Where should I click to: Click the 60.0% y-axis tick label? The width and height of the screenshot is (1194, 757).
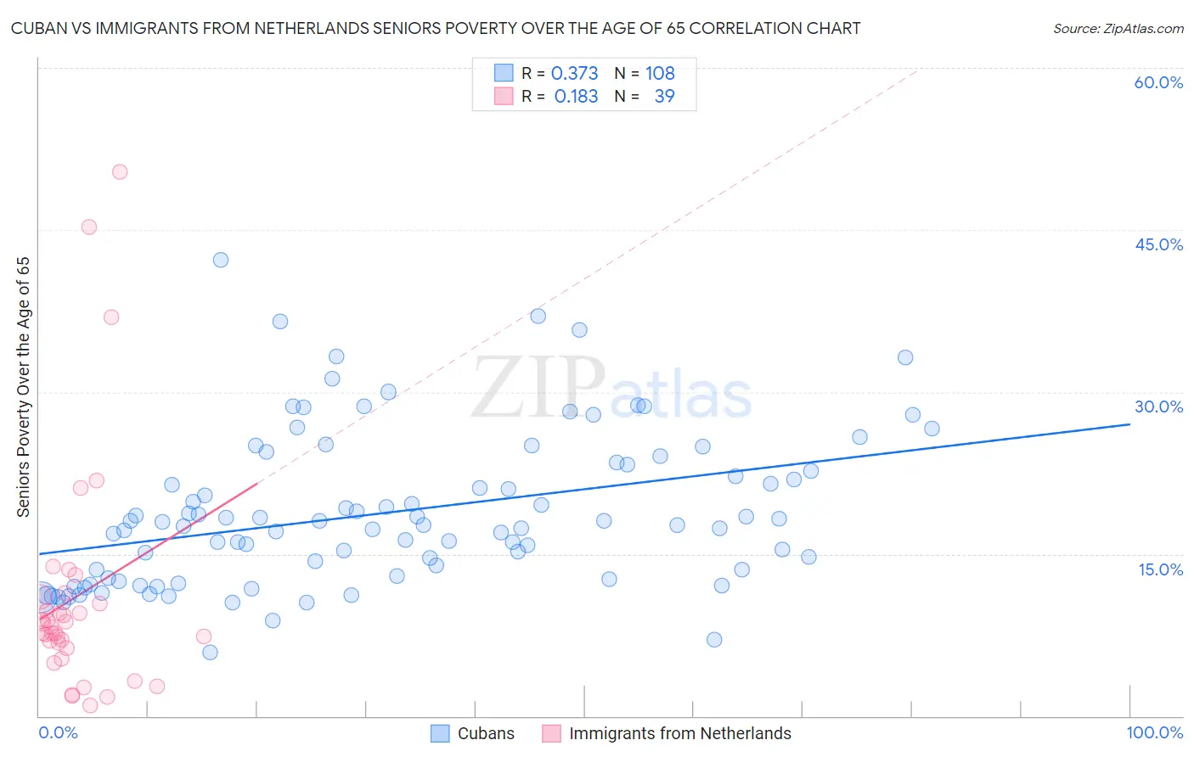(1158, 82)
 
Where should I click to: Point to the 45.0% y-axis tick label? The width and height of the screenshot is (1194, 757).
(1158, 244)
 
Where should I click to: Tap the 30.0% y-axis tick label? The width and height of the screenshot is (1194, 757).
(1158, 407)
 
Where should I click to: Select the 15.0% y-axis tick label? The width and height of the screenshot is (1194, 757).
(1160, 569)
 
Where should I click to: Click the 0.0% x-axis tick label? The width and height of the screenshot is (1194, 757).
(58, 732)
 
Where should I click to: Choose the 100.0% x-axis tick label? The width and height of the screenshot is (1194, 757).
(1154, 732)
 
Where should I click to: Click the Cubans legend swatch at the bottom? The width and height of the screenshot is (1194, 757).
(440, 733)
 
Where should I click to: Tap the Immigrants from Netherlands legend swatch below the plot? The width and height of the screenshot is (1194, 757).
(552, 733)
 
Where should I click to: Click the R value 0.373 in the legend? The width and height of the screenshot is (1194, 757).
(575, 73)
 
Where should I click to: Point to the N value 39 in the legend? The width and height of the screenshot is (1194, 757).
(664, 97)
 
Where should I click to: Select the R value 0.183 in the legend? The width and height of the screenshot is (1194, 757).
(576, 97)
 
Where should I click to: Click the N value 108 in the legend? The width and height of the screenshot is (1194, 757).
(660, 73)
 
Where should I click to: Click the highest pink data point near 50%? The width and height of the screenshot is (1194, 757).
(120, 171)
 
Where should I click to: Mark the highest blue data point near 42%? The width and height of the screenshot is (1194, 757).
(221, 260)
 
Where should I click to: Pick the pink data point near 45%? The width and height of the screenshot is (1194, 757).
(89, 227)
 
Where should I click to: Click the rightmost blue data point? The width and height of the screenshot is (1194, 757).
(932, 429)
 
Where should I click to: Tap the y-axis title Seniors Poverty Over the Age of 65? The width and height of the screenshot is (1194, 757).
(24, 387)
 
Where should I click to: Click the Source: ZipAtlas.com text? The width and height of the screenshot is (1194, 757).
(1118, 29)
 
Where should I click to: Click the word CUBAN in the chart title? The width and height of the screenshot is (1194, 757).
(38, 29)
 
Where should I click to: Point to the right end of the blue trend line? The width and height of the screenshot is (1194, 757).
(1129, 423)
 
